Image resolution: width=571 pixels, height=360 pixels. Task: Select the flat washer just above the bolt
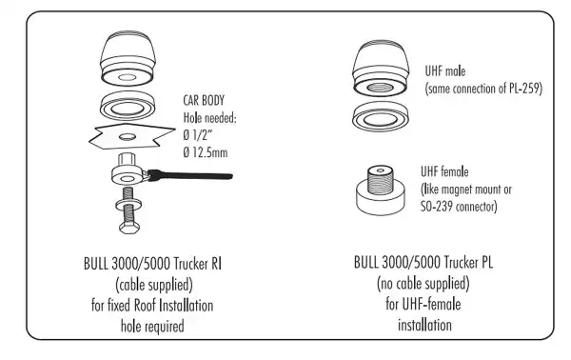128,202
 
